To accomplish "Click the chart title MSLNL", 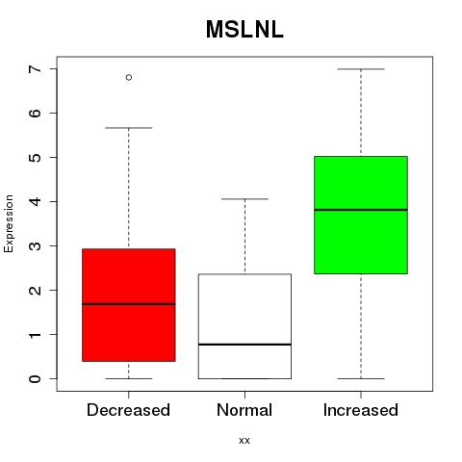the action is click(x=244, y=29).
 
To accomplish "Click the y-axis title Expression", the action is click(x=9, y=223).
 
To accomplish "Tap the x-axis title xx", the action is click(x=244, y=441).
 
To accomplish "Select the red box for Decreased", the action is click(x=129, y=305).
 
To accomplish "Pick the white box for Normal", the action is click(x=244, y=326).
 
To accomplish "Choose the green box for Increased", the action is click(x=361, y=215).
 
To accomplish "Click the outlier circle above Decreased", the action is click(x=129, y=77).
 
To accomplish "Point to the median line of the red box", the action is click(x=129, y=304).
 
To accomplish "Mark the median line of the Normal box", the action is click(x=244, y=345).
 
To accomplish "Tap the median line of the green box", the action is click(x=361, y=210).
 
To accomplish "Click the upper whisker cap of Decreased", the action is click(x=129, y=128).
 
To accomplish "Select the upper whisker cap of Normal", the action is click(x=244, y=199).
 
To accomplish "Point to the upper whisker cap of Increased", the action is click(x=361, y=69).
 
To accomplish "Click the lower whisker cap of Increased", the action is click(x=361, y=378).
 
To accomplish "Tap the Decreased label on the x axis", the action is click(x=128, y=410).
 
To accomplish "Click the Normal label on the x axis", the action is click(x=244, y=410).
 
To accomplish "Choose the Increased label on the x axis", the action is click(x=361, y=410).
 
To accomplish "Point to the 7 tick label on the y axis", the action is click(x=35, y=69).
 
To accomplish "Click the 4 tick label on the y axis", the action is click(x=35, y=201).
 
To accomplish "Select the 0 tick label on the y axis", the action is click(x=35, y=378).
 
